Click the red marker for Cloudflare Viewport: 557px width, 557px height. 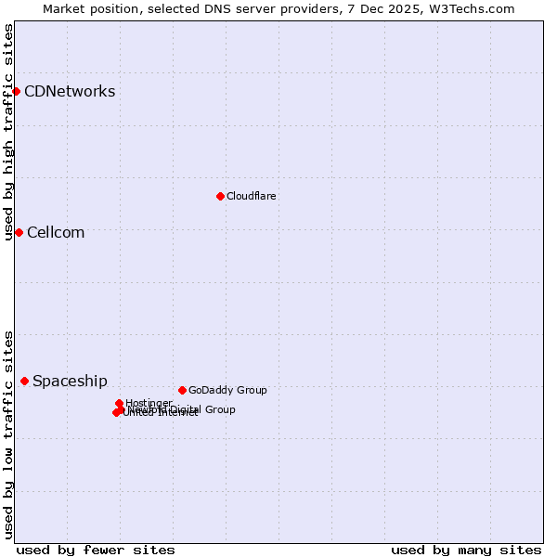(220, 196)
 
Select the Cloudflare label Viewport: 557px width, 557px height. (252, 196)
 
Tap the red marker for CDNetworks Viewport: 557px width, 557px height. (16, 91)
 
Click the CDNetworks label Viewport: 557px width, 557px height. (70, 91)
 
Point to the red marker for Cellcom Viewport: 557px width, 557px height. (19, 232)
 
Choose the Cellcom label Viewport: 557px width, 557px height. (56, 232)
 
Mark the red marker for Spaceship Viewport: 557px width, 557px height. (24, 381)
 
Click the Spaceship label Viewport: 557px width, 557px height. (70, 381)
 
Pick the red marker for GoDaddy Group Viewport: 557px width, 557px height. (182, 390)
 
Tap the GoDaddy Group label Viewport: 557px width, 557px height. (227, 390)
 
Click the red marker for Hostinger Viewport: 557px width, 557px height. (119, 403)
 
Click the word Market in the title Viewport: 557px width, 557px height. (64, 8)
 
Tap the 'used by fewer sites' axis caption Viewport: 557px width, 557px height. (96, 550)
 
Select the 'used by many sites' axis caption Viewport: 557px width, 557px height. (466, 550)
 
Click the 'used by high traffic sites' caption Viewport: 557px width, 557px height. (8, 132)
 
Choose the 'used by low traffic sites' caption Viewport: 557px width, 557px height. (8, 434)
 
